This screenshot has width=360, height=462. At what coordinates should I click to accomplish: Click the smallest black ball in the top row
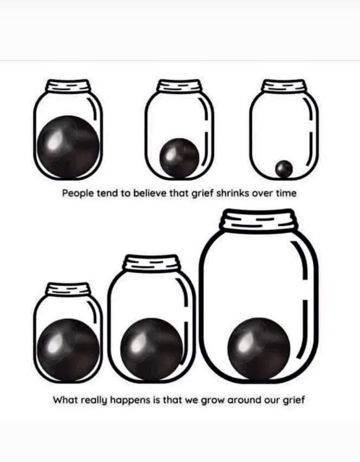click(284, 169)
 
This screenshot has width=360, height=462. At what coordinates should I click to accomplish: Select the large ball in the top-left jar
click(68, 147)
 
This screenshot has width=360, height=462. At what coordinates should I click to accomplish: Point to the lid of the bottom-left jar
click(68, 289)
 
